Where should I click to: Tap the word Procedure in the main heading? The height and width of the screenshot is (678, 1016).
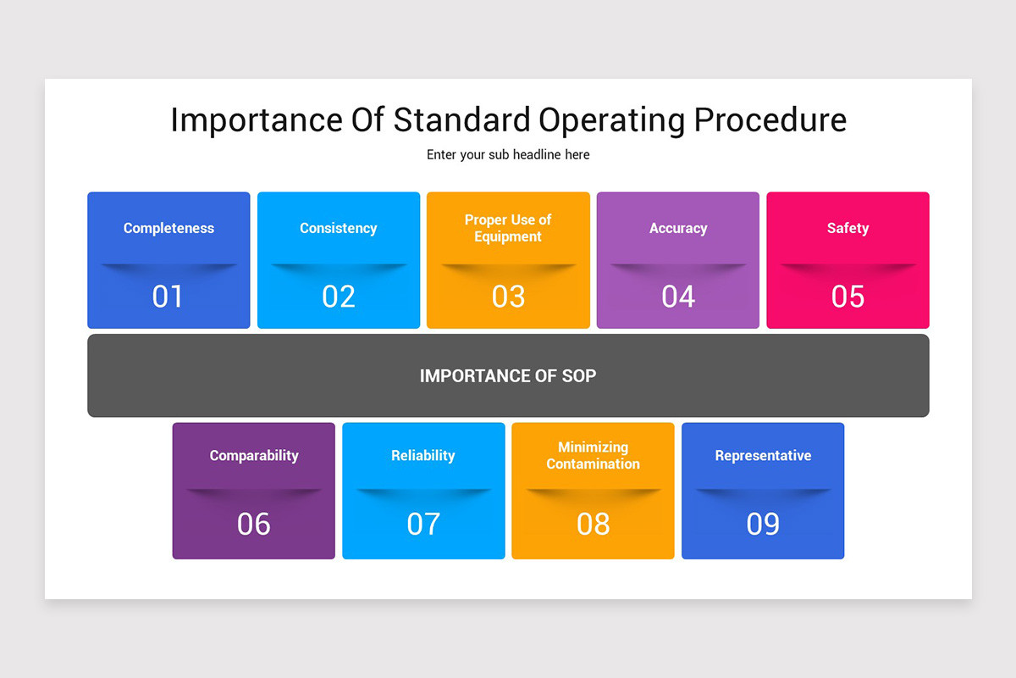[x=770, y=120]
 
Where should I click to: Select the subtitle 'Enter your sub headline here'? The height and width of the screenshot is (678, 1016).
[x=508, y=155]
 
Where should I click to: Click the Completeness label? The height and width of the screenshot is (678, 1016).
[x=168, y=228]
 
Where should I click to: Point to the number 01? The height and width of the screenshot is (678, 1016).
[x=168, y=297]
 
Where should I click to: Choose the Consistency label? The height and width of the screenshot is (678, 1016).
[x=339, y=228]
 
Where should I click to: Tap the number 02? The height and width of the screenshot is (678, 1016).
[x=339, y=297]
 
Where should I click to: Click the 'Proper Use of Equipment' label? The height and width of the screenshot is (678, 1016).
[x=508, y=228]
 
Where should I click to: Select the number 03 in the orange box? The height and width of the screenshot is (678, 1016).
[x=508, y=297]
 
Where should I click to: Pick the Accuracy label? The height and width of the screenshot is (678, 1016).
[x=678, y=228]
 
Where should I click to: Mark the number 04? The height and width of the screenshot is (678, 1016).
[x=678, y=297]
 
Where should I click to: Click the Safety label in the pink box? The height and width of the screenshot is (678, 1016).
[x=848, y=228]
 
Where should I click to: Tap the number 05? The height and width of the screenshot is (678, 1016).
[x=848, y=297]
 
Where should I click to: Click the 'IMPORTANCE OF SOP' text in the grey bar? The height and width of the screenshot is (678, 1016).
[x=508, y=375]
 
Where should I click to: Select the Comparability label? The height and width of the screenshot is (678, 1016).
[x=254, y=456]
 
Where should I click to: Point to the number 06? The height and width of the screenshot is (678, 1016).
[x=254, y=525]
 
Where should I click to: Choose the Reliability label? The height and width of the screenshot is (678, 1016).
[x=423, y=456]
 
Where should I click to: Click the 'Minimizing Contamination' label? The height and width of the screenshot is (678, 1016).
[x=593, y=456]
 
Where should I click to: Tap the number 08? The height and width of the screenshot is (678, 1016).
[x=593, y=525]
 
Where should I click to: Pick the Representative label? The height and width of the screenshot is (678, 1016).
[x=763, y=456]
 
